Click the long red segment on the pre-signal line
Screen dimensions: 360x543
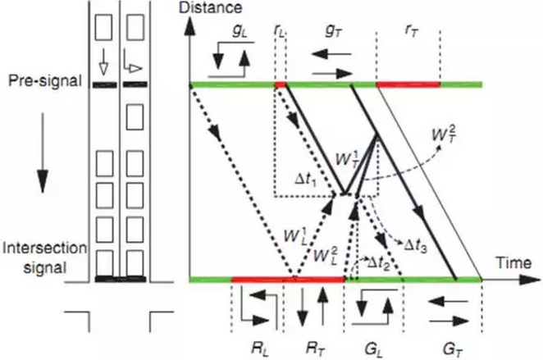pos(408,84)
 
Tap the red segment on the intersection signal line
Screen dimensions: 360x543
pos(288,280)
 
